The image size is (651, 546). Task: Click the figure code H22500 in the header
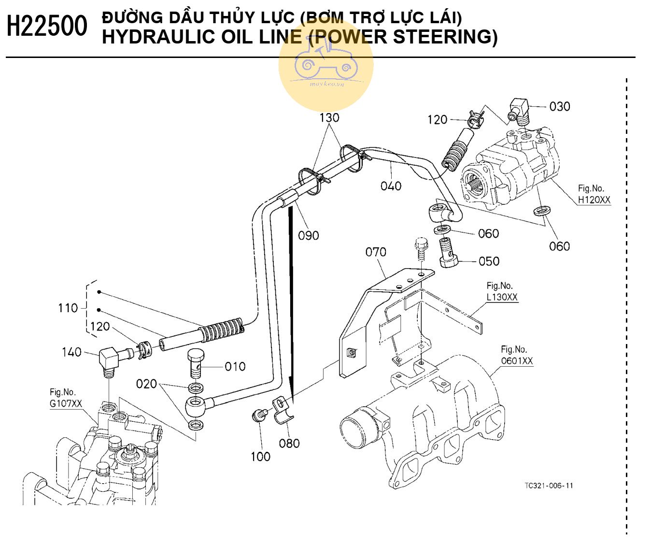tap(47, 26)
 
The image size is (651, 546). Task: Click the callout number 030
tap(560, 106)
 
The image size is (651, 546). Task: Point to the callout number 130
tap(329, 117)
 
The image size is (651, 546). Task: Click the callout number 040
tap(391, 186)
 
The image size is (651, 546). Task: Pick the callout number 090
tap(308, 235)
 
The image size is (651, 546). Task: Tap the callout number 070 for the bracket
tap(376, 252)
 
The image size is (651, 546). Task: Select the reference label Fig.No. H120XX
tap(594, 194)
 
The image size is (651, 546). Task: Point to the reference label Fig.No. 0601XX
tap(516, 355)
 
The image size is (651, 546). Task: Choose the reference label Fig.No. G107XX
tap(66, 398)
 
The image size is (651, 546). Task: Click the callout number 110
tap(68, 308)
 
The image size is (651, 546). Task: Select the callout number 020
tap(146, 384)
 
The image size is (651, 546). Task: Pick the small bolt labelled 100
tap(259, 415)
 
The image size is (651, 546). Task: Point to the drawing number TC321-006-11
tap(549, 486)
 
